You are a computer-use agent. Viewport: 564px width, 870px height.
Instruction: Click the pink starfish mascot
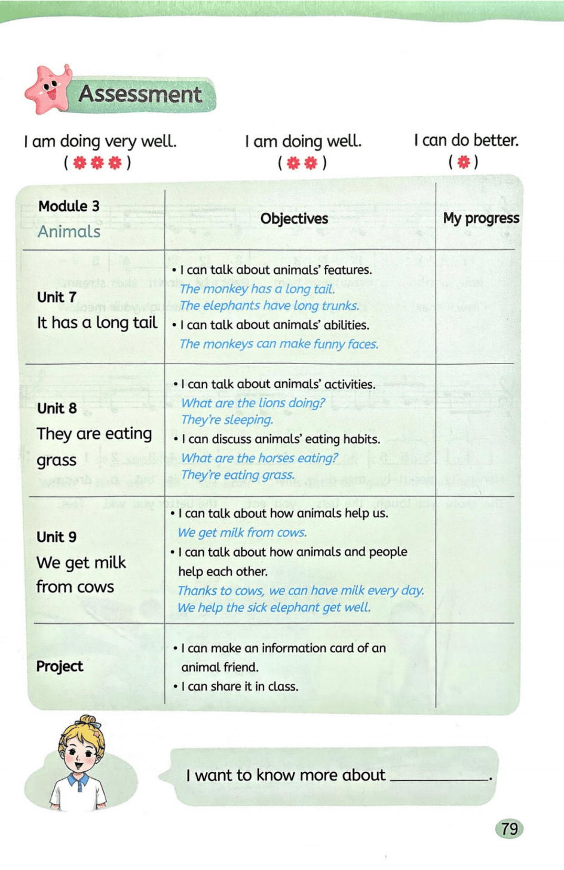(x=48, y=90)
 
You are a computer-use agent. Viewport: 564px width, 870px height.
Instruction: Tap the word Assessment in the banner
(x=140, y=94)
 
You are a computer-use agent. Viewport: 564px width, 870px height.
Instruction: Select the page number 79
(x=509, y=829)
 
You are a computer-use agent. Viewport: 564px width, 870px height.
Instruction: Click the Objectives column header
(x=294, y=219)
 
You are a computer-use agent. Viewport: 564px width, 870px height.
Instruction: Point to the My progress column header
(x=481, y=218)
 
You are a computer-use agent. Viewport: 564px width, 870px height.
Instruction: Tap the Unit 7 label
(x=57, y=297)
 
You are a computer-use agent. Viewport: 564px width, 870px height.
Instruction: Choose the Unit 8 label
(x=57, y=408)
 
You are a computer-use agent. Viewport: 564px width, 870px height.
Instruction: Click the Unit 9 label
(x=57, y=537)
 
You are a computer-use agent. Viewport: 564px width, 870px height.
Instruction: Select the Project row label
(x=60, y=666)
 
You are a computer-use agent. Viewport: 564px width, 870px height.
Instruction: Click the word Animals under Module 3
(x=69, y=232)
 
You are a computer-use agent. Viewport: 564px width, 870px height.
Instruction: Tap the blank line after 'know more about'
(x=439, y=777)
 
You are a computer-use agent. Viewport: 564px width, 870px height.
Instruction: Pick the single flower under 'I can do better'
(x=464, y=162)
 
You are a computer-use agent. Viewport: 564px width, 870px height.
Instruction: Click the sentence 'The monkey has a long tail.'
(x=258, y=289)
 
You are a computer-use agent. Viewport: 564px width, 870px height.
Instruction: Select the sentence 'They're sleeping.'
(x=227, y=420)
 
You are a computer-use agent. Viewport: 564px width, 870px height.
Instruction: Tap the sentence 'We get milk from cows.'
(x=243, y=532)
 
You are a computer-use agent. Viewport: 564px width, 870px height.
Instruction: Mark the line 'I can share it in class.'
(x=239, y=686)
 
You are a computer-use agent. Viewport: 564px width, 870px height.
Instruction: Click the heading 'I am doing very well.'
(x=100, y=142)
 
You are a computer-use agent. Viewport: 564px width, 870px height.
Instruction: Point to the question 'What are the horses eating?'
(x=259, y=458)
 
